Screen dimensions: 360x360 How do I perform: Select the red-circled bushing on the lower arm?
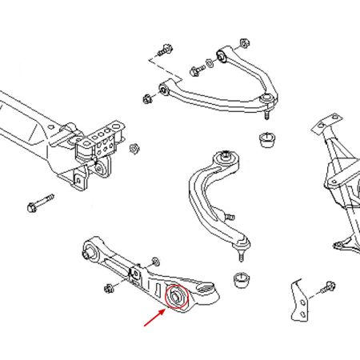174,297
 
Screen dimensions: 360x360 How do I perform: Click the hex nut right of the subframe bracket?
134,148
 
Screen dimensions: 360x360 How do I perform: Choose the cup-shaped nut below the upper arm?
266,141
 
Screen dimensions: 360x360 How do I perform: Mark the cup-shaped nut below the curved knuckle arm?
241,281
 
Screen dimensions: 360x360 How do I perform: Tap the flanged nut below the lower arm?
107,286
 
